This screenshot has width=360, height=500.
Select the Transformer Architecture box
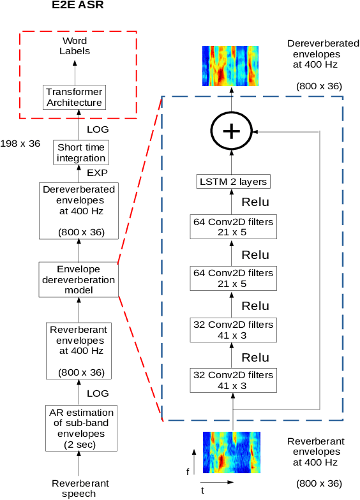74,98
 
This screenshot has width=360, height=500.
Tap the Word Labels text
75,46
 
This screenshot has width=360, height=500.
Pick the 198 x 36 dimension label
21,143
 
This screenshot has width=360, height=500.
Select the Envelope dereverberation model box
78,279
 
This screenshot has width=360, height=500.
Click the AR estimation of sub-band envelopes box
78,428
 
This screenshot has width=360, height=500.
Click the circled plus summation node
232,131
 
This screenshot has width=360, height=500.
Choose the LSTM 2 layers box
232,182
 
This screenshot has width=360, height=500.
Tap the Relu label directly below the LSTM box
255,202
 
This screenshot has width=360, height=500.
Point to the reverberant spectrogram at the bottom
232,452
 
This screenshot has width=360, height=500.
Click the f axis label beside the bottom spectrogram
188,472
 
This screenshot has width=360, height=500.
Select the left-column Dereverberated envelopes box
78,210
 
